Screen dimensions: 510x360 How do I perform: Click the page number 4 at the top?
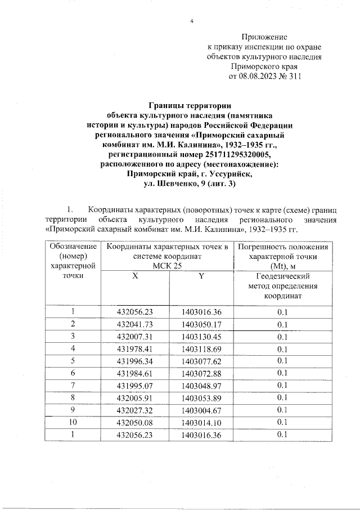(x=192, y=21)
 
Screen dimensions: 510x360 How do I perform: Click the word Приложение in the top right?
(x=264, y=37)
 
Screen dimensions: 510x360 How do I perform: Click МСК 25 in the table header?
(x=167, y=266)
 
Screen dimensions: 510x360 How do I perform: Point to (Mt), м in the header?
(x=283, y=266)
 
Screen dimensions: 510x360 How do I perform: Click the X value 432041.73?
(x=134, y=324)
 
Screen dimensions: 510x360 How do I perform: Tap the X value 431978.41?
(x=134, y=349)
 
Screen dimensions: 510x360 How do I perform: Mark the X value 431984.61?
(x=134, y=373)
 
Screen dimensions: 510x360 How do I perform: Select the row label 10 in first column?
(x=73, y=422)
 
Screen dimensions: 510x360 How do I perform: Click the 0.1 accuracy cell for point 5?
(x=283, y=361)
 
